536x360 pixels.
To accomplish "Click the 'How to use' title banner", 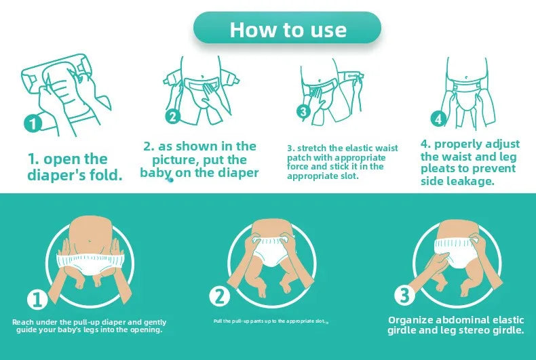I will (287, 29).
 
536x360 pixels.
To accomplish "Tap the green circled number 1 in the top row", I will (33, 124).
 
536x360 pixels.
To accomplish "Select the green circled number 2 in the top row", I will (173, 117).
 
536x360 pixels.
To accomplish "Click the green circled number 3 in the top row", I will (303, 112).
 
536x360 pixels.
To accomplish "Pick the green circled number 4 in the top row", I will (438, 119).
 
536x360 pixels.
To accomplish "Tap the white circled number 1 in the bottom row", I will (37, 299).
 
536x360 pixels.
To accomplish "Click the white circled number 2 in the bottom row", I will (219, 296).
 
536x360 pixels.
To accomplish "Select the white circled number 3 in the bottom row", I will (404, 295).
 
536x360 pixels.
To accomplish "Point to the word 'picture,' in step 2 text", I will (180, 160).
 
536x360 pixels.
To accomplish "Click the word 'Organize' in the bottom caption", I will (414, 319).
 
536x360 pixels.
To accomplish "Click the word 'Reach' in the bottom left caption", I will (24, 322).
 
